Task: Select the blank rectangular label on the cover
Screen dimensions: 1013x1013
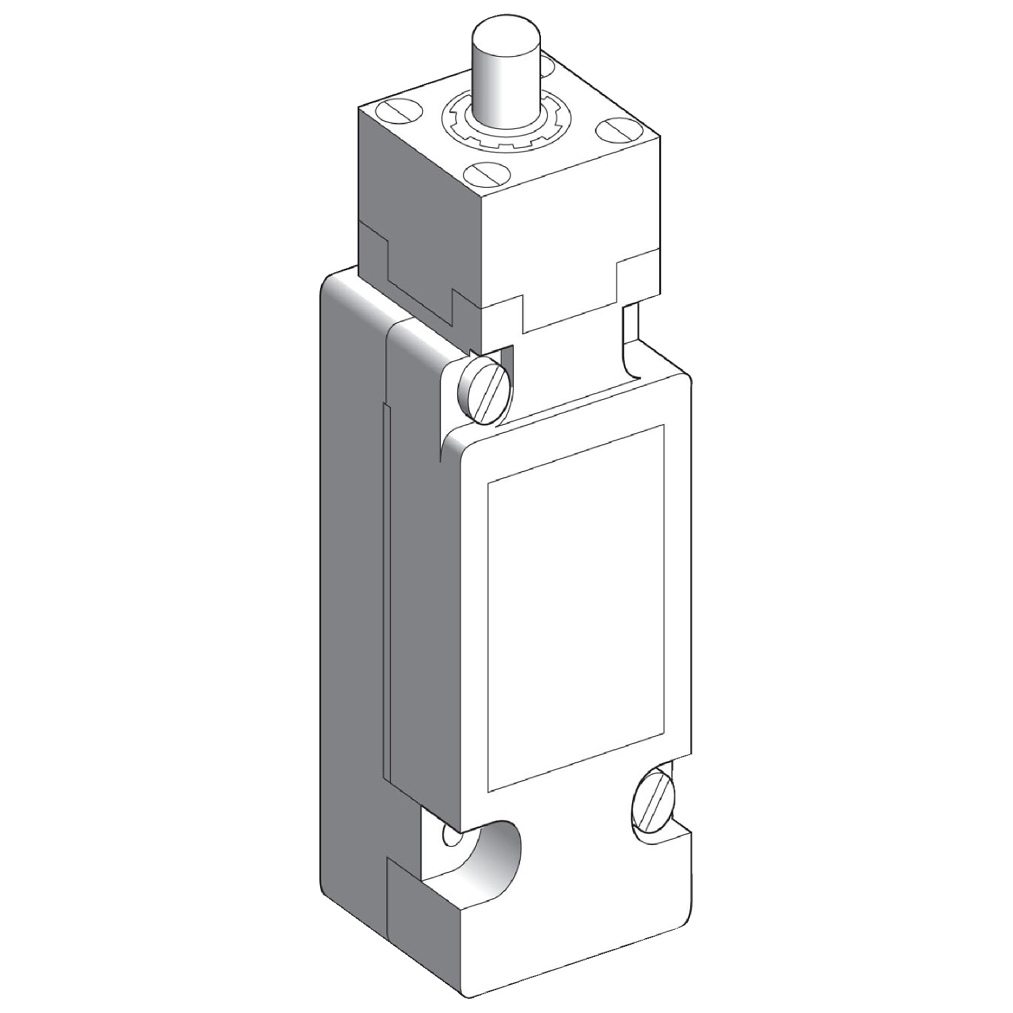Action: click(575, 608)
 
